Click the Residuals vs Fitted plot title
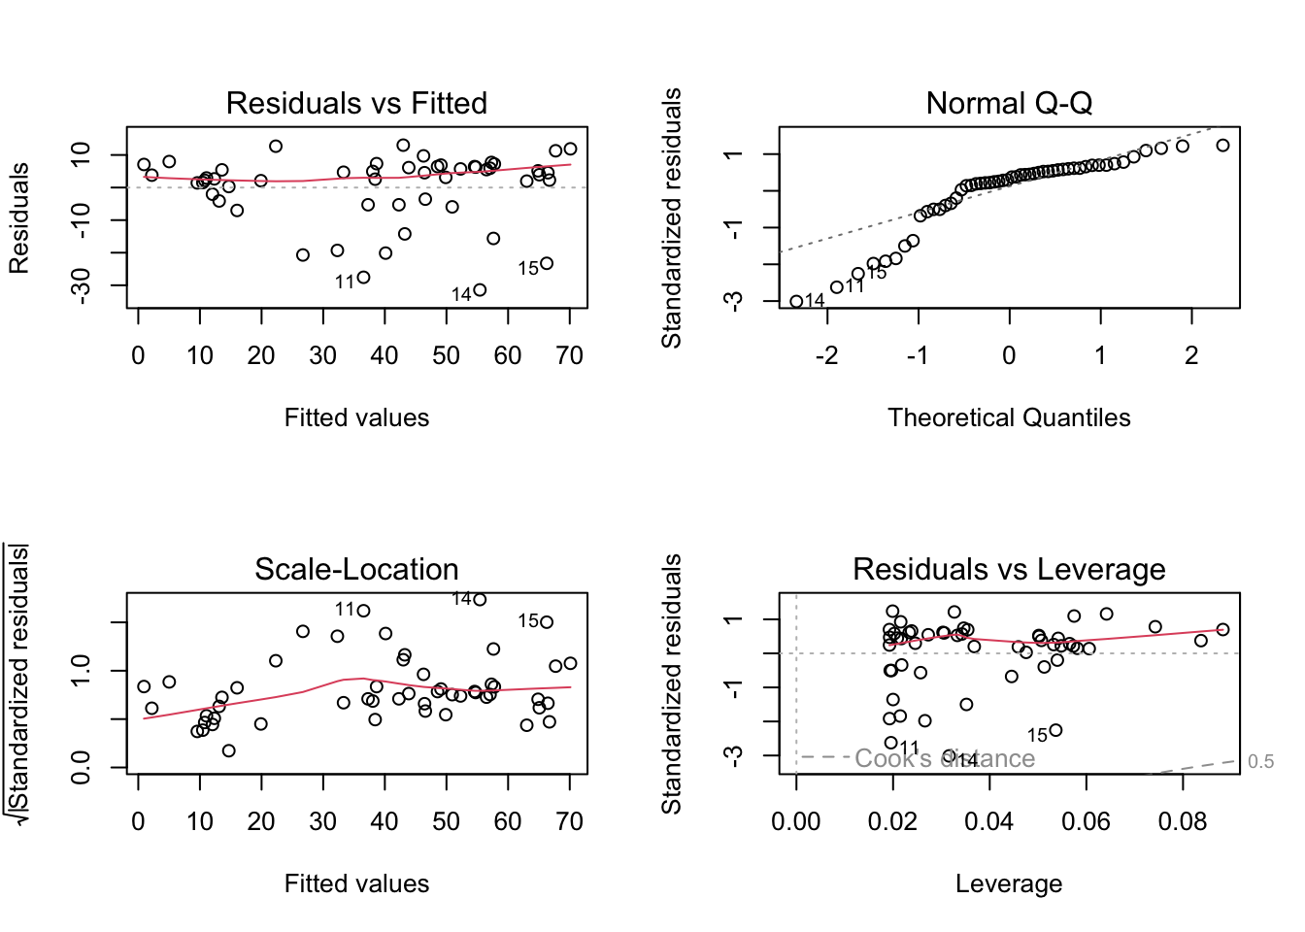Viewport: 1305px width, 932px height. pos(356,103)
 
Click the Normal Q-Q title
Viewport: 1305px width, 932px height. pos(1009,103)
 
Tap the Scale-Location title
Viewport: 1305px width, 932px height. pos(356,569)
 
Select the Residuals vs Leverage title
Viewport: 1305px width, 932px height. pos(1009,569)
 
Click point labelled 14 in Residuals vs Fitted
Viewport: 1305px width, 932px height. pos(480,290)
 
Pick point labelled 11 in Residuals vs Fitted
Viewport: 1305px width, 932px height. pos(364,278)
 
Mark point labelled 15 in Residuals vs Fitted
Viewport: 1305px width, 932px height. pos(547,263)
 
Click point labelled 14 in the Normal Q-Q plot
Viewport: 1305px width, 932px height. pos(796,302)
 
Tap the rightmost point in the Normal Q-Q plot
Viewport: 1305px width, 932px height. pos(1222,146)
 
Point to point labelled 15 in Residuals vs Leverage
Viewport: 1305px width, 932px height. pos(1056,730)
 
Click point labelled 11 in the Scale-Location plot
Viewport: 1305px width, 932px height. pos(364,611)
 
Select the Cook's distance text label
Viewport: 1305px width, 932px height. pos(945,759)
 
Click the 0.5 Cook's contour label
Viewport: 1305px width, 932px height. pos(1260,762)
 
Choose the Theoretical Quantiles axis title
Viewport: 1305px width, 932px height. pos(1009,417)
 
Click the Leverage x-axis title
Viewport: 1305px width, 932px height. pos(1009,883)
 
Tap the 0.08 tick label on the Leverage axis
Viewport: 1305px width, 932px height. pos(1183,822)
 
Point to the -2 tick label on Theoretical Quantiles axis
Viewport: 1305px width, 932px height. pos(826,356)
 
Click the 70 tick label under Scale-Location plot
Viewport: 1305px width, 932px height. pos(570,822)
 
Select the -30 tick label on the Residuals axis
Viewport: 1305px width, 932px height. pos(81,284)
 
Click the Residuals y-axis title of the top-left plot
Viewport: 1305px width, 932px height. pos(19,217)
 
